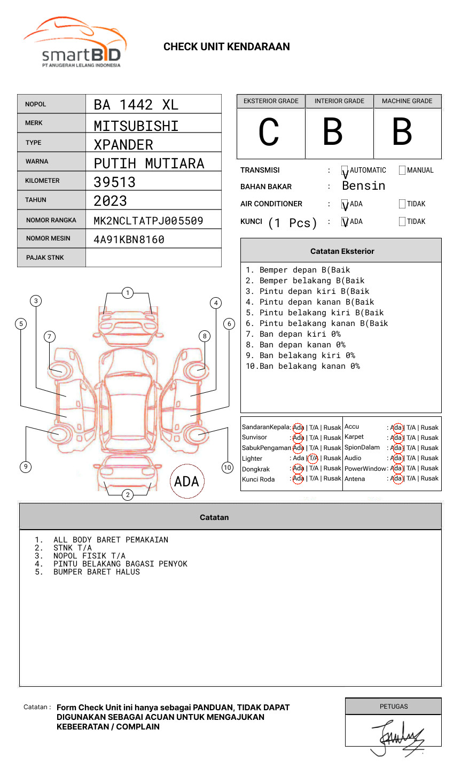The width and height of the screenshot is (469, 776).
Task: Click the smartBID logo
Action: [x=75, y=43]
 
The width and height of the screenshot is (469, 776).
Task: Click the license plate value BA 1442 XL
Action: [x=136, y=105]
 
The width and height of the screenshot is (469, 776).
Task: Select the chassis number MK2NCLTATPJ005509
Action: [x=148, y=221]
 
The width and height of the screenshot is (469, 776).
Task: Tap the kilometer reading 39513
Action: [x=114, y=182]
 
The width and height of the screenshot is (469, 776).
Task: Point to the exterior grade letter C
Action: [x=269, y=133]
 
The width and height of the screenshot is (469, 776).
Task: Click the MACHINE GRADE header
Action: [x=407, y=101]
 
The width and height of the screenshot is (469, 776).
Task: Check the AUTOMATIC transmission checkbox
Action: [x=345, y=170]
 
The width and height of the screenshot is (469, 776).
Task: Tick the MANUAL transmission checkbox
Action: [x=402, y=170]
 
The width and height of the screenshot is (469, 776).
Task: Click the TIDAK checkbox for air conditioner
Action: [x=402, y=204]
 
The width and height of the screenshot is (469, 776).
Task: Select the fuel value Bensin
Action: [x=363, y=186]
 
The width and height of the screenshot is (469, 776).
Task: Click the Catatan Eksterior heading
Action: [x=342, y=251]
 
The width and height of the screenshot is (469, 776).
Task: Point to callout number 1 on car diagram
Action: [x=127, y=293]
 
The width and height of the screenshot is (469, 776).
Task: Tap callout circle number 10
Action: [x=228, y=468]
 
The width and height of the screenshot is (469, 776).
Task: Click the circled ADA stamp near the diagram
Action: [x=186, y=482]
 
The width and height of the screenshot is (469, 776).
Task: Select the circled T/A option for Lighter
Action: [x=313, y=459]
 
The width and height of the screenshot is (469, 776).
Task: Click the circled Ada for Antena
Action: [x=396, y=479]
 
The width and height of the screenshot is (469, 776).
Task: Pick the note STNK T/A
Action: [x=72, y=548]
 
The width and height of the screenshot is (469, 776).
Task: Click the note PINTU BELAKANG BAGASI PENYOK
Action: [x=120, y=564]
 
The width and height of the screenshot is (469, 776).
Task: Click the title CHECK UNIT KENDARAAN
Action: [x=226, y=47]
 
